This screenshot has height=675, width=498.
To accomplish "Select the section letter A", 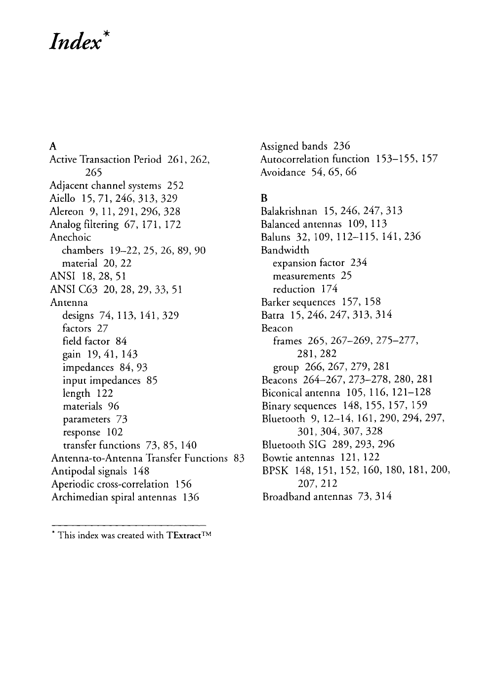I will [53, 146].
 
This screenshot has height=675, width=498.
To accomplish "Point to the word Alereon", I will [66, 212].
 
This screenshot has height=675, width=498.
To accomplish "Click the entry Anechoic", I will [70, 237].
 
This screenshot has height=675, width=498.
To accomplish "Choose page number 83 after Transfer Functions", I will [239, 458].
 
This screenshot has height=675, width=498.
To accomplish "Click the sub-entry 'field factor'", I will [86, 341].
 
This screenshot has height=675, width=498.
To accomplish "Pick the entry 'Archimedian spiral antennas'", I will [114, 497].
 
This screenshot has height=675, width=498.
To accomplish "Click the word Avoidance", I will [283, 172].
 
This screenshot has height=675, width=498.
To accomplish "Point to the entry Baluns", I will [275, 237].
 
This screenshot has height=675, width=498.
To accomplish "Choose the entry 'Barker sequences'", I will [298, 302].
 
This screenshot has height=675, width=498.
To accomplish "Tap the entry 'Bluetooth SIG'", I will [293, 444].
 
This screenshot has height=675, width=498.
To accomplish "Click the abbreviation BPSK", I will [275, 470].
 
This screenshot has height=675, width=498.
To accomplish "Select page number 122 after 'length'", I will [104, 393].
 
